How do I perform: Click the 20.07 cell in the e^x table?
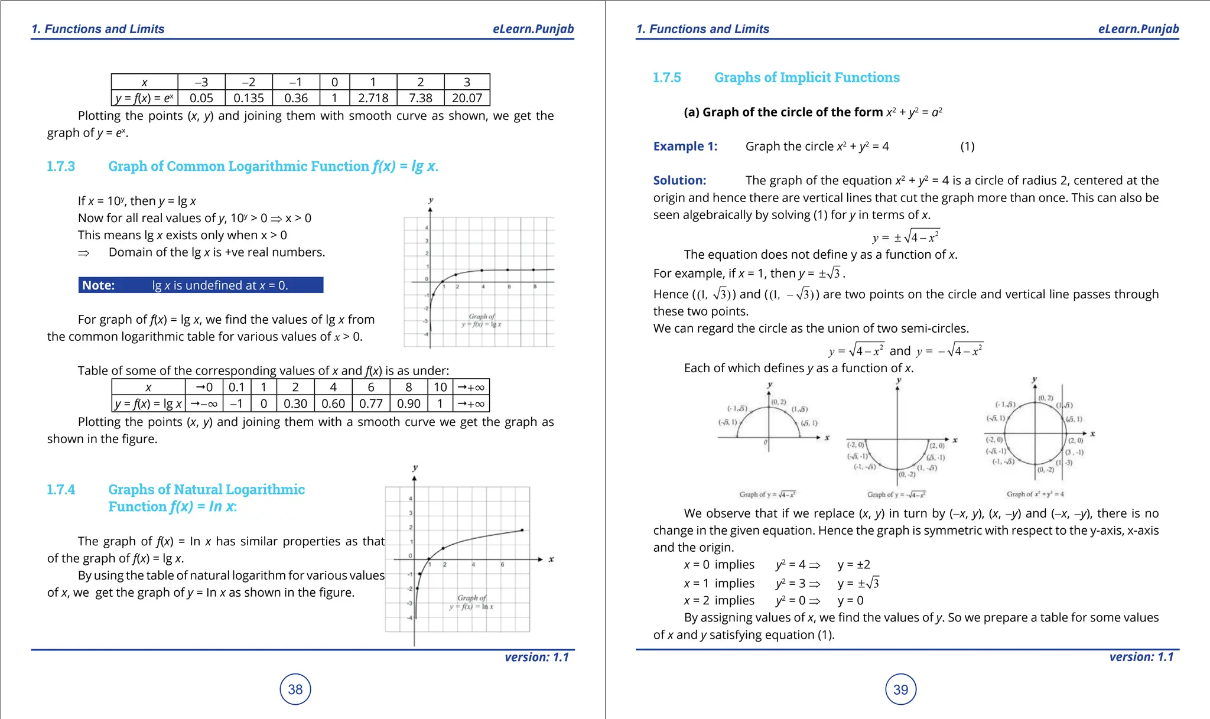click(x=467, y=98)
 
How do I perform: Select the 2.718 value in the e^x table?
click(x=373, y=98)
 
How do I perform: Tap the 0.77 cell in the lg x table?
click(x=370, y=404)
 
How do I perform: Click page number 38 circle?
click(x=295, y=689)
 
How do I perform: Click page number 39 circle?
click(x=900, y=689)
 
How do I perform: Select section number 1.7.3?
click(x=61, y=167)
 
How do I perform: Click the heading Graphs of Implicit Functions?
click(x=806, y=77)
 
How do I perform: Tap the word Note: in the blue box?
click(x=98, y=285)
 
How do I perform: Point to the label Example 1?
click(x=685, y=147)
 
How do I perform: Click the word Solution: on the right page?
click(x=679, y=181)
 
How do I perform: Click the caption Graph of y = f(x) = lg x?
click(x=482, y=320)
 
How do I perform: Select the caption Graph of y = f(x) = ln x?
click(x=471, y=602)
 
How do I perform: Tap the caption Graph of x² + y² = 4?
click(x=1035, y=494)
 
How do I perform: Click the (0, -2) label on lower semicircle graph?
click(x=907, y=474)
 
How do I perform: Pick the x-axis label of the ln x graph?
click(x=551, y=559)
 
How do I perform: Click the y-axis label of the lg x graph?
click(x=431, y=200)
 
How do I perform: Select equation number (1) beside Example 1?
click(x=967, y=147)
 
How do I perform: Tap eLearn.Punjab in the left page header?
click(x=533, y=29)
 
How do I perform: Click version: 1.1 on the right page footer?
click(x=1141, y=657)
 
